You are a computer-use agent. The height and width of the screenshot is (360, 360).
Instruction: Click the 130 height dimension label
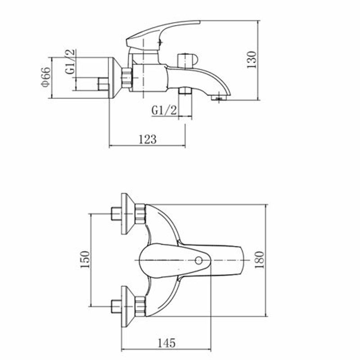(x=252, y=59)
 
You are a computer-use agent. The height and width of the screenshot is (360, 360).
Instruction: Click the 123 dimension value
(x=148, y=139)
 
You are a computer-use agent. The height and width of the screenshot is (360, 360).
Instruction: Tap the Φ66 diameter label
(x=45, y=77)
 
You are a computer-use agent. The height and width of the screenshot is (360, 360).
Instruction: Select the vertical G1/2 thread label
(x=70, y=62)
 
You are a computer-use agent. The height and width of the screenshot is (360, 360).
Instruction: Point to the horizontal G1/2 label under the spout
(x=164, y=110)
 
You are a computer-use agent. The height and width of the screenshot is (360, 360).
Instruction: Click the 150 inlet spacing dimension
(x=85, y=260)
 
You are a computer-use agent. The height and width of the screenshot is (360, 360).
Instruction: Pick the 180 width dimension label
(x=260, y=260)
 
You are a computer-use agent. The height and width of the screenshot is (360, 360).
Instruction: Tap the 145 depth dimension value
(x=166, y=343)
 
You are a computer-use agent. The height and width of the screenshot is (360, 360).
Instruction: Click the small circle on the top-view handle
(x=198, y=261)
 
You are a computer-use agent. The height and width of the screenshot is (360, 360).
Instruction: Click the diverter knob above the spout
(x=187, y=61)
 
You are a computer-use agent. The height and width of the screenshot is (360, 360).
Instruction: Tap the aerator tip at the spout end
(x=219, y=98)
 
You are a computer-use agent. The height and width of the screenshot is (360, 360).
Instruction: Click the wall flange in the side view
(x=114, y=78)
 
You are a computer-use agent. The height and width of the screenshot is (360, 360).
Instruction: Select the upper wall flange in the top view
(x=127, y=214)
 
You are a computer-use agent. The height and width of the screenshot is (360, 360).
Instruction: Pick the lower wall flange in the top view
(x=127, y=307)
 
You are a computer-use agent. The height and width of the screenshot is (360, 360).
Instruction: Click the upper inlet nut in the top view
(x=140, y=214)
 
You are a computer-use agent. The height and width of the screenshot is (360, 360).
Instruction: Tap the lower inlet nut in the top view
(x=140, y=307)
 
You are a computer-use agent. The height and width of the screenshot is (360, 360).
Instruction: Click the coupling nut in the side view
(x=127, y=78)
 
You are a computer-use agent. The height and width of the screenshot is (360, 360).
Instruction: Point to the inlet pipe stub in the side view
(x=103, y=84)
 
